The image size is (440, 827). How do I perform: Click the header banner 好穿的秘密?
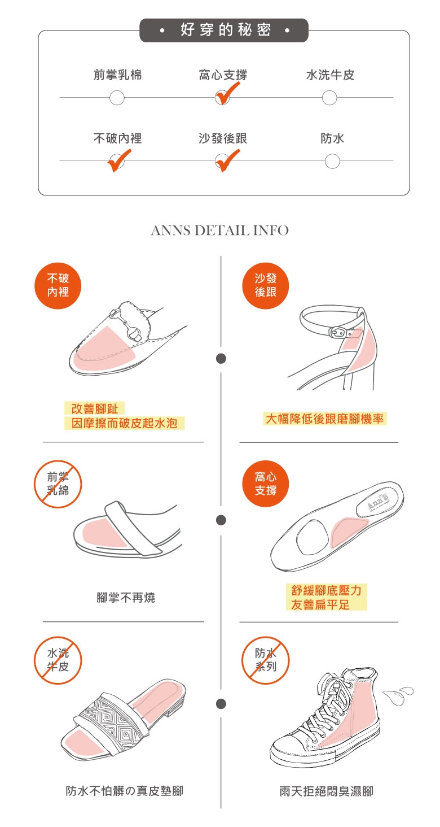[223, 30]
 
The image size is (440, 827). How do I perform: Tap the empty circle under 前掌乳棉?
[117, 98]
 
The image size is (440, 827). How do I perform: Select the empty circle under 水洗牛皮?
[329, 98]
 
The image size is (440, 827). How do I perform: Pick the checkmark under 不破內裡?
[119, 160]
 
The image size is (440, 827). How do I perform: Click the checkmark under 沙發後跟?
[227, 160]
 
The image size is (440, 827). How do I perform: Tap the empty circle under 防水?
[332, 162]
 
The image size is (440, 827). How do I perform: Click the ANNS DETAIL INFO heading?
[220, 230]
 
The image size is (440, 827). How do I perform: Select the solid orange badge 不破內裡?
[58, 286]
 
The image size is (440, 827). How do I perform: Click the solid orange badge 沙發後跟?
[266, 286]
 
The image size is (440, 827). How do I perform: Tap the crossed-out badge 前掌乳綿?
[58, 484]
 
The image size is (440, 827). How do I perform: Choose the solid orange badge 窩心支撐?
[266, 484]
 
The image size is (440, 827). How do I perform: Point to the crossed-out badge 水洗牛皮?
[58, 660]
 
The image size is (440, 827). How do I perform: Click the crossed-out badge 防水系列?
[266, 660]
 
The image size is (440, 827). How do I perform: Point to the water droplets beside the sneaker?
[397, 694]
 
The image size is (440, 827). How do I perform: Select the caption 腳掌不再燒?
[126, 597]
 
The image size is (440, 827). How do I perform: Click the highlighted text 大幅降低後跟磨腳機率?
[324, 419]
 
